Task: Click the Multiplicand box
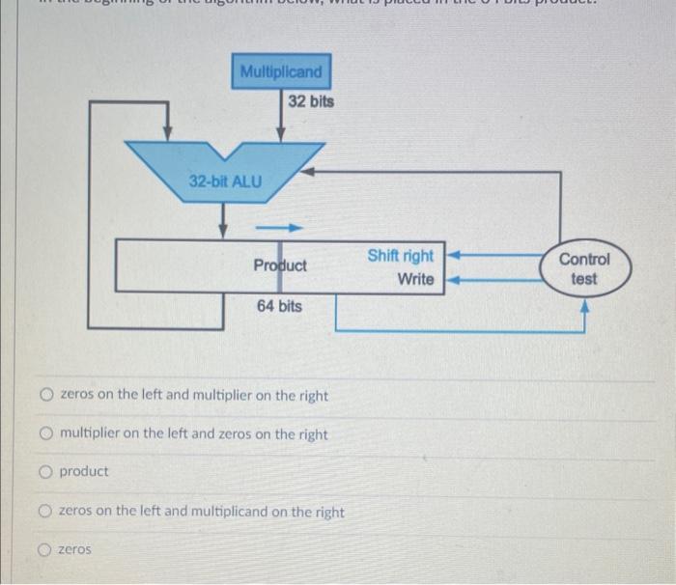coord(281,71)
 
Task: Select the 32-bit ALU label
coord(224,181)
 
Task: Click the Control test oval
coord(584,269)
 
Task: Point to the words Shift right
coord(400,256)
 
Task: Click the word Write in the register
coord(415,279)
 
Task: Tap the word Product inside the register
coord(280,265)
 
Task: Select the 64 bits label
coord(279,306)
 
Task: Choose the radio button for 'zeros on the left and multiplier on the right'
coord(46,396)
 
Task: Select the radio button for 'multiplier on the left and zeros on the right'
coord(46,434)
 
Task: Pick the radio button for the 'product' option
coord(46,472)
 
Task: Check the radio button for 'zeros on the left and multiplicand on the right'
coord(46,512)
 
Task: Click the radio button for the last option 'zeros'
coord(46,549)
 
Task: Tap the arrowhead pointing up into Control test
coord(584,307)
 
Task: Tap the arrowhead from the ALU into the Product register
coord(224,231)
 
